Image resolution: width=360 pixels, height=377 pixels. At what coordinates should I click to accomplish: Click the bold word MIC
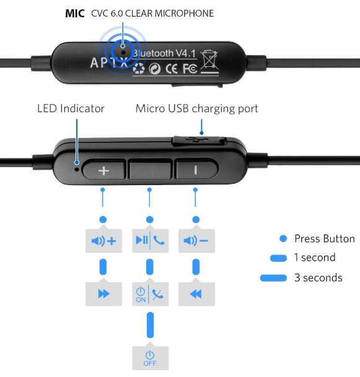pyautogui.click(x=75, y=14)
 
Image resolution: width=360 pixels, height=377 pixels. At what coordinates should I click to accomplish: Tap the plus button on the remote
pyautogui.click(x=103, y=170)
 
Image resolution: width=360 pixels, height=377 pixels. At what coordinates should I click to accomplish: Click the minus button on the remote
pyautogui.click(x=197, y=169)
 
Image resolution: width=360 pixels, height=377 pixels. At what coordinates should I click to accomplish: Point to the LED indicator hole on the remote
pyautogui.click(x=77, y=169)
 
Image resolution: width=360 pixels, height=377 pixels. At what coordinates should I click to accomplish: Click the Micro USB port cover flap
pyautogui.click(x=199, y=141)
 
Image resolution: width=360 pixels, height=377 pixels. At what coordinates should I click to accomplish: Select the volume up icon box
pyautogui.click(x=103, y=241)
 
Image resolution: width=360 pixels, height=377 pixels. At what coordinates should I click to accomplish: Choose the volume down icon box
pyautogui.click(x=196, y=241)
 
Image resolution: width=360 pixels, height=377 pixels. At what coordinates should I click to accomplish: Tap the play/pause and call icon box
pyautogui.click(x=150, y=241)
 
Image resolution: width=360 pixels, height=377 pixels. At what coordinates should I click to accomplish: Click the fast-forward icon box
pyautogui.click(x=103, y=294)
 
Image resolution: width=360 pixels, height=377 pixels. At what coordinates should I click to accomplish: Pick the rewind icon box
pyautogui.click(x=196, y=294)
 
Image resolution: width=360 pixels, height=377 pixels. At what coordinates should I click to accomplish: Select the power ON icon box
pyautogui.click(x=150, y=294)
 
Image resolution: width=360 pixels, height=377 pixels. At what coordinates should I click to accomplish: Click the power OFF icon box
pyautogui.click(x=150, y=358)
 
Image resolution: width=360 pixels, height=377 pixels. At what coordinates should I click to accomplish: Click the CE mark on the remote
pyautogui.click(x=172, y=69)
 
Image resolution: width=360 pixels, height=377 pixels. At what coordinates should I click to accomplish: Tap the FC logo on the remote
pyautogui.click(x=190, y=69)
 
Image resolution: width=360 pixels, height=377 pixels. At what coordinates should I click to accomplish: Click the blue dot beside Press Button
pyautogui.click(x=283, y=238)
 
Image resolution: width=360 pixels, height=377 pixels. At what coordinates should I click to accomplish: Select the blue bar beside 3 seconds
pyautogui.click(x=273, y=278)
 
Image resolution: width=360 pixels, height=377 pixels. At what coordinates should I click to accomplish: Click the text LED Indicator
pyautogui.click(x=71, y=108)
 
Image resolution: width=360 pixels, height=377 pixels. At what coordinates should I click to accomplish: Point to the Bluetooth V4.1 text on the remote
pyautogui.click(x=164, y=53)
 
